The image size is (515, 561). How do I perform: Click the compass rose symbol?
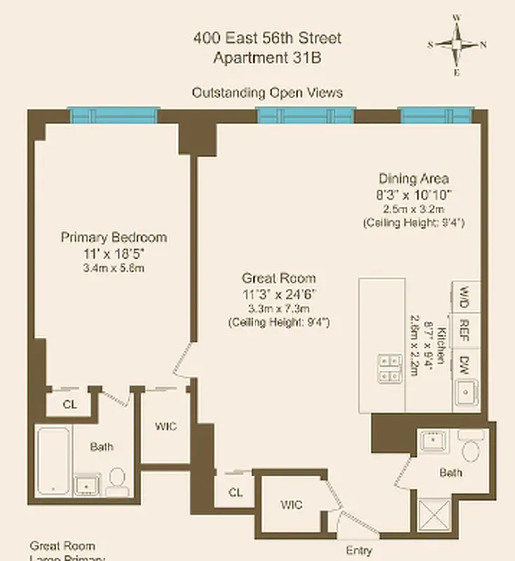click(x=457, y=43)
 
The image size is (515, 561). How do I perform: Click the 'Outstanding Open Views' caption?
click(x=267, y=93)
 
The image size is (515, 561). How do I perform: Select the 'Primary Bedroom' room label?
click(x=114, y=237)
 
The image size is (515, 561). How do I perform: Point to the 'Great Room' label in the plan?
click(x=279, y=278)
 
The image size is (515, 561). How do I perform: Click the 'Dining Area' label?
click(x=413, y=178)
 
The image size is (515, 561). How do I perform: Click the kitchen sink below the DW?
click(x=465, y=394)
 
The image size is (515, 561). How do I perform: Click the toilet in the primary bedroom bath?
click(x=117, y=481)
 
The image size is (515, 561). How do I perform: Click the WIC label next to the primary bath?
click(x=165, y=426)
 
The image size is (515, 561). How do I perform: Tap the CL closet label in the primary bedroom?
click(x=69, y=404)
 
